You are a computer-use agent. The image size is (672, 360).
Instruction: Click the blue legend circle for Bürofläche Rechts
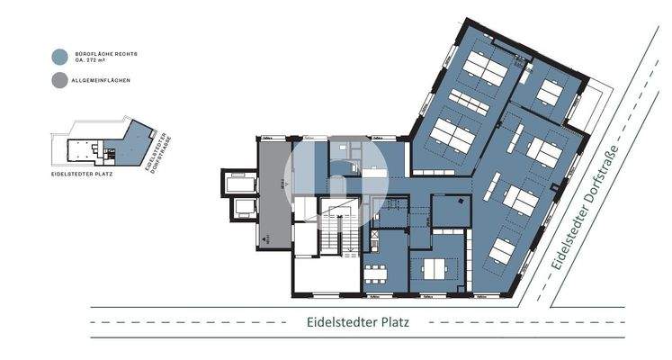pos(60,56)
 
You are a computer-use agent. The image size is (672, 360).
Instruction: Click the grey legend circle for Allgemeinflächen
pos(60,80)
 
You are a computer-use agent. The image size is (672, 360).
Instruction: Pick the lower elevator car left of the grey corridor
pos(244,210)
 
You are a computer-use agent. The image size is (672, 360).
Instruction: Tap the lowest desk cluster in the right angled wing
pos(506,252)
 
